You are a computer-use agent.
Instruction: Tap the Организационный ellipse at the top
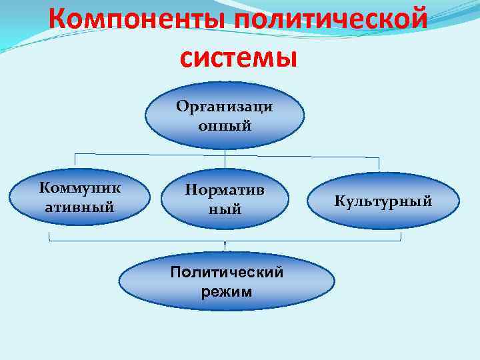pos(225,115)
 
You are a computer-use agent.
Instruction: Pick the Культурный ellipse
pos(383,200)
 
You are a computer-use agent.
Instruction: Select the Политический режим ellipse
pos(227,282)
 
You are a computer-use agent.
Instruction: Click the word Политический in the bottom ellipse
pos(227,272)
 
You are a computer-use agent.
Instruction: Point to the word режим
pos(227,291)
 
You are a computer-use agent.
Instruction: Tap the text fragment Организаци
pos(225,107)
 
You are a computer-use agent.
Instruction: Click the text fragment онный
pos(225,125)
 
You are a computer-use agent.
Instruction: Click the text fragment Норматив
pos(225,190)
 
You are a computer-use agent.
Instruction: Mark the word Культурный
pos(383,200)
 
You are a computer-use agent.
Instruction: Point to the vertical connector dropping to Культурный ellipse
pos(379,165)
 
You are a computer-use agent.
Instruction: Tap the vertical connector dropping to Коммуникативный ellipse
pos(75,161)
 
